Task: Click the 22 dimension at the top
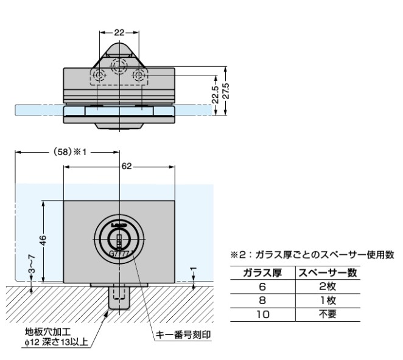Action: click(x=119, y=32)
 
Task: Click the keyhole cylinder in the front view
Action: click(x=120, y=239)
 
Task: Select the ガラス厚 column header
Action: click(x=262, y=272)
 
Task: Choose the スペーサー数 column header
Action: click(x=326, y=272)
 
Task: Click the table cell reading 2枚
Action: click(x=326, y=286)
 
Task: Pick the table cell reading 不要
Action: click(x=326, y=314)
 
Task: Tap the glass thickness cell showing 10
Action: click(x=262, y=314)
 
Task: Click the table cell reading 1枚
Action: click(x=326, y=300)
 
